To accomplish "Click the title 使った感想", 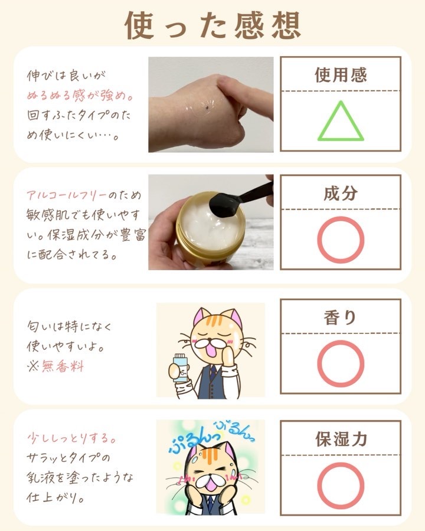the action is pyautogui.click(x=213, y=25).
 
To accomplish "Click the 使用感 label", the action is pyautogui.click(x=341, y=75).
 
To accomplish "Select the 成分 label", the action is pyautogui.click(x=341, y=194).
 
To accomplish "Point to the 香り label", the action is pyautogui.click(x=340, y=317).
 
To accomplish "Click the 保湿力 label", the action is pyautogui.click(x=341, y=439).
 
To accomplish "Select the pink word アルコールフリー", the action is pyautogui.click(x=67, y=195).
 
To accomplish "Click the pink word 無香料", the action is pyautogui.click(x=63, y=366).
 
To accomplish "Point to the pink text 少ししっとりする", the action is pyautogui.click(x=71, y=438).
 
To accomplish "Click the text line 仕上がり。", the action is pyautogui.click(x=55, y=498).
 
